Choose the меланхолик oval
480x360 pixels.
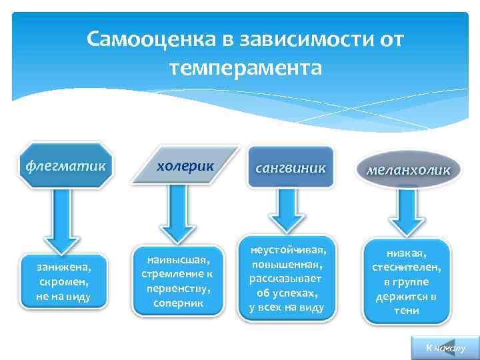[x=408, y=170]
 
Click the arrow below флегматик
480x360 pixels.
[x=65, y=216]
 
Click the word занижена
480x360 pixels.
[x=65, y=267]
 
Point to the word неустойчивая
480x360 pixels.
[x=288, y=250]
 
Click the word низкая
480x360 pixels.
[x=407, y=253]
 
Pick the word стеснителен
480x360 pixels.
[x=407, y=267]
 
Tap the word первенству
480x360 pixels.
[x=177, y=289]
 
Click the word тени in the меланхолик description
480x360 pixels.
[x=407, y=311]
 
